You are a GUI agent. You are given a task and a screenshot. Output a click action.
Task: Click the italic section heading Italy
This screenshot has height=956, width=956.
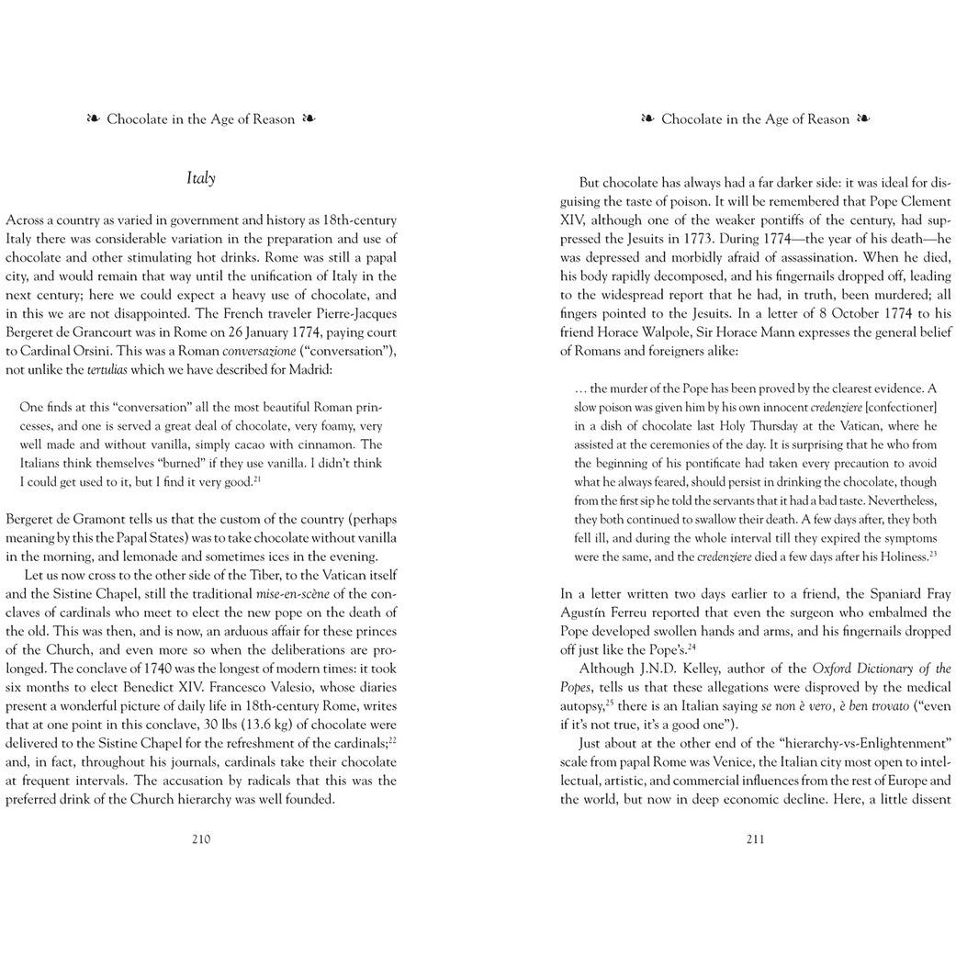pos(200,178)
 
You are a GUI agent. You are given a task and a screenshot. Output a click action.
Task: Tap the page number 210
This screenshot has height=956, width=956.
pos(200,838)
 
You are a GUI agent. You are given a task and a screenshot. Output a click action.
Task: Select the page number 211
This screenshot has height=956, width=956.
pos(755,838)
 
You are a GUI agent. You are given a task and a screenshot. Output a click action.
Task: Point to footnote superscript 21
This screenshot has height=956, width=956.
pos(258,478)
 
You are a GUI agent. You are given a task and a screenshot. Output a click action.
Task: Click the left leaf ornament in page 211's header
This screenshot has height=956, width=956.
pos(647,119)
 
